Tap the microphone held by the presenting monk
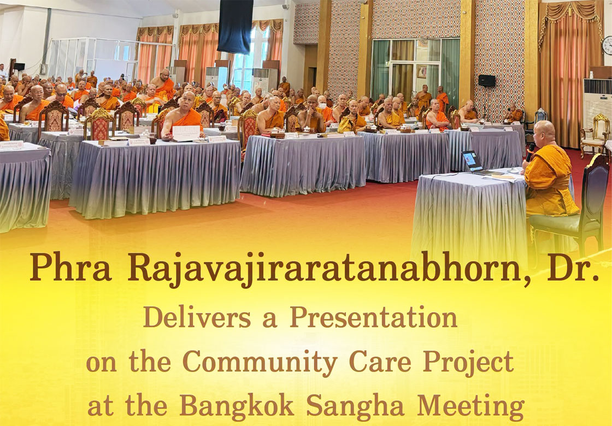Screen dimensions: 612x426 (x=530, y=151)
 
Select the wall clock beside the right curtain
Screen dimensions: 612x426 (x=607, y=45)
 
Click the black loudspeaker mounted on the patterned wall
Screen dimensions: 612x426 (x=487, y=80)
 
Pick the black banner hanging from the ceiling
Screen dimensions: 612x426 (x=236, y=26)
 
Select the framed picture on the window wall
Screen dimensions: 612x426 (x=422, y=72)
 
